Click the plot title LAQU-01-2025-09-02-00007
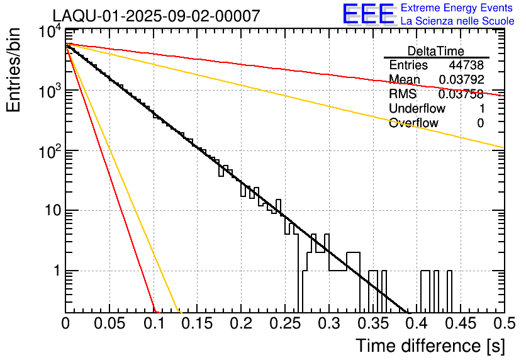(x=156, y=16)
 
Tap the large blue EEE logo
(x=368, y=14)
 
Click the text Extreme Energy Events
(x=457, y=8)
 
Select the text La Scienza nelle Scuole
(x=457, y=21)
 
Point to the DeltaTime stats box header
(x=436, y=51)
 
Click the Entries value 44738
(x=466, y=65)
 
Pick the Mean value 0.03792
(x=461, y=80)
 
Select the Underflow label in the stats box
(x=417, y=108)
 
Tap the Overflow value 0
(x=480, y=123)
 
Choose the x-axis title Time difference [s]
(x=430, y=346)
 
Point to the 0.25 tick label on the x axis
(x=284, y=323)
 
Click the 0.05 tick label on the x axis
(x=109, y=323)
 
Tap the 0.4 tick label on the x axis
(x=416, y=323)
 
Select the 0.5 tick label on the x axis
(x=503, y=323)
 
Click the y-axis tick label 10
(x=49, y=211)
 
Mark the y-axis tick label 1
(x=55, y=271)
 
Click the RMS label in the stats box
(x=403, y=94)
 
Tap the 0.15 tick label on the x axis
(x=197, y=323)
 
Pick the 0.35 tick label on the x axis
(x=372, y=323)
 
